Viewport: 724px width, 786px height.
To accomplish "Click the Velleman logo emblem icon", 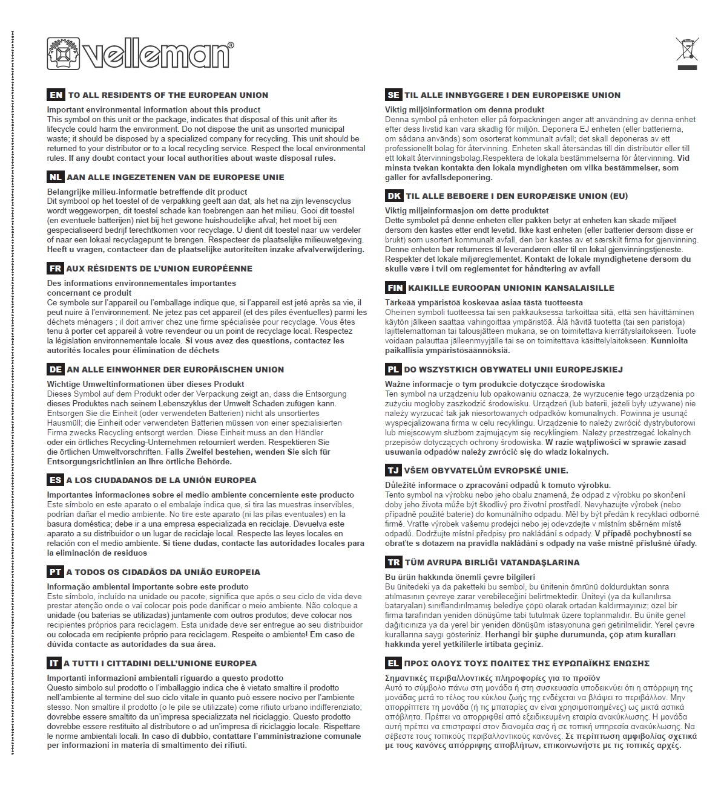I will coord(64,53).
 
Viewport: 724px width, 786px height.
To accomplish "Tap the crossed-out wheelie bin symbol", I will coord(687,49).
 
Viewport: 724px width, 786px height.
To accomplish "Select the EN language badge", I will coord(56,95).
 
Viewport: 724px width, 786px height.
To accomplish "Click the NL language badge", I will coord(55,177).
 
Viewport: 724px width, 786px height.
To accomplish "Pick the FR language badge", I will coord(55,268).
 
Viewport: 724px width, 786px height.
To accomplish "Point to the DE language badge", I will coord(56,369).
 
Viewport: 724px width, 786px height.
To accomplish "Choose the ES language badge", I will coord(55,480).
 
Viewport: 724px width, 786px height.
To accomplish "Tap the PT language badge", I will coord(55,572).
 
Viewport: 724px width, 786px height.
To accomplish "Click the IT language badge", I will coord(54,663).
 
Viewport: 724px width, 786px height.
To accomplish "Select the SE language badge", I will coord(393,95).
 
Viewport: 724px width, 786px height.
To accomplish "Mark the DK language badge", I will coord(394,196).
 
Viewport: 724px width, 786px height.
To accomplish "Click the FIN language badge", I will coord(395,288).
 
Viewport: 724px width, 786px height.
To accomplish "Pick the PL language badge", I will coord(393,369).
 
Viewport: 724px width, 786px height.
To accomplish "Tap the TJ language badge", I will coord(393,470).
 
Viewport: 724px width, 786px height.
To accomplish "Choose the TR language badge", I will coord(393,562).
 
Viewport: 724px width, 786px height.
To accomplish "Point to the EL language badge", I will coord(393,663).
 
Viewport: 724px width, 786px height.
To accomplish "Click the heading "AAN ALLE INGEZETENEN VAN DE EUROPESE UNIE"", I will coord(176,177).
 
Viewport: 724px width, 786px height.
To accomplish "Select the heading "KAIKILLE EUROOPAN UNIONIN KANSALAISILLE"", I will coord(511,288).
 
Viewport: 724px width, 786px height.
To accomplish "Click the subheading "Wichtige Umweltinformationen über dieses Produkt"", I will coord(145,384).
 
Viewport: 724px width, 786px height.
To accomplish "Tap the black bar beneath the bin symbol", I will coord(688,68).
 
